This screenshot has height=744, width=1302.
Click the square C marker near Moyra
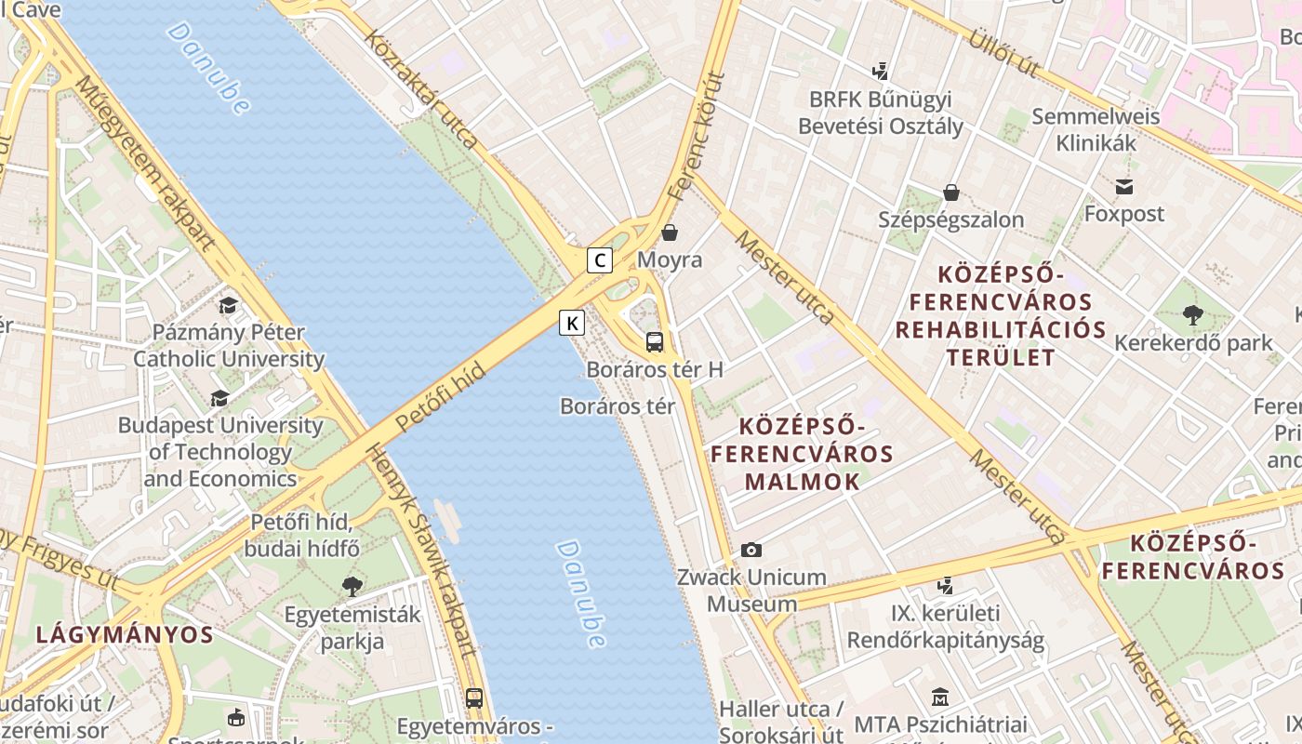click(x=600, y=260)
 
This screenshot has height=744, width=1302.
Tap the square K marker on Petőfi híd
click(x=572, y=324)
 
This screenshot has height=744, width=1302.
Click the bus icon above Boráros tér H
click(x=655, y=341)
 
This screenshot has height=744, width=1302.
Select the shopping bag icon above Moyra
click(x=670, y=232)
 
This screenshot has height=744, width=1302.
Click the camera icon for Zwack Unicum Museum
click(x=751, y=551)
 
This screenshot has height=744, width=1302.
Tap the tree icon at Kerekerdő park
click(x=1193, y=315)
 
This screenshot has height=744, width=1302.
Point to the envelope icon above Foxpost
click(x=1124, y=187)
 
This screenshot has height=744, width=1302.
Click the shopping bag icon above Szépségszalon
click(x=950, y=193)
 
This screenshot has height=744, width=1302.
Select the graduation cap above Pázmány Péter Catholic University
click(x=228, y=306)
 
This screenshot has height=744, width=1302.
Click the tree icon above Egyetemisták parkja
click(x=352, y=586)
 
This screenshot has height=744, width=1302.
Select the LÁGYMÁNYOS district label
click(x=125, y=635)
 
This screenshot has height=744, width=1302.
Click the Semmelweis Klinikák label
click(x=1096, y=129)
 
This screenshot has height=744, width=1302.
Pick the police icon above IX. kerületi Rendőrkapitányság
click(x=945, y=586)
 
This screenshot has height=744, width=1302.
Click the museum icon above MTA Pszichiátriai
click(x=939, y=697)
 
